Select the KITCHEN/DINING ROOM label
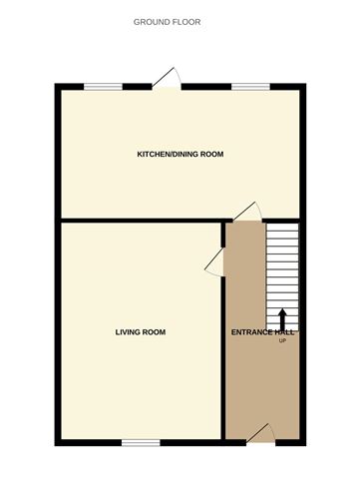[x=180, y=155]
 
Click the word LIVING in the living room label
[x=129, y=331]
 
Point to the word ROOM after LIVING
[x=154, y=331]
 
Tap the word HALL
[x=288, y=332]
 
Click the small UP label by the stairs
[x=282, y=341]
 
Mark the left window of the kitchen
[x=97, y=87]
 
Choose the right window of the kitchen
[x=245, y=87]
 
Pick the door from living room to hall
[x=212, y=260]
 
